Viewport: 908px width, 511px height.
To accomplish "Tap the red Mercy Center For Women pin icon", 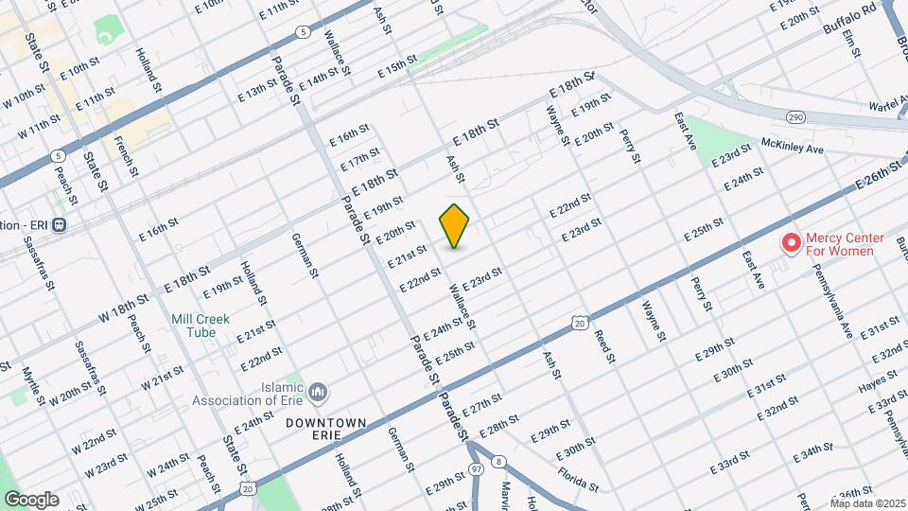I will pyautogui.click(x=790, y=244).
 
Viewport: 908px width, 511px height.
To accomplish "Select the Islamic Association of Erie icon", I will pyautogui.click(x=318, y=391).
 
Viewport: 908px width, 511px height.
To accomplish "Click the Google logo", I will pyautogui.click(x=30, y=500).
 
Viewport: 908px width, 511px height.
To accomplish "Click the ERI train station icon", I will pyautogui.click(x=60, y=225).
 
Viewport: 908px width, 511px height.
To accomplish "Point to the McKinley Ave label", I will pyautogui.click(x=793, y=147).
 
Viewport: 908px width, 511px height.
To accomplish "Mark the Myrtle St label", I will pyautogui.click(x=33, y=386).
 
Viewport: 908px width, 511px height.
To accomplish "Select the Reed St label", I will pyautogui.click(x=604, y=346).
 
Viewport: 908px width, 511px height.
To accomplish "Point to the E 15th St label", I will pyautogui.click(x=397, y=66).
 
